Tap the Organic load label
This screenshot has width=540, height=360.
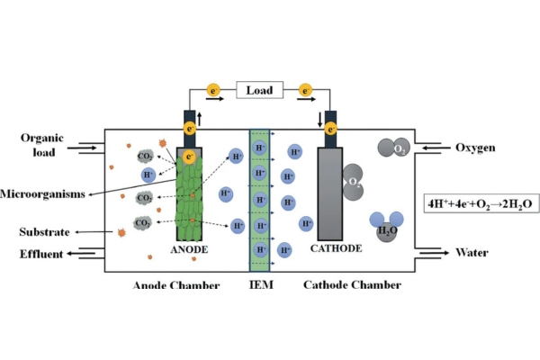pyautogui.click(x=43, y=145)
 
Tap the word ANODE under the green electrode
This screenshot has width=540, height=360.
pyautogui.click(x=189, y=248)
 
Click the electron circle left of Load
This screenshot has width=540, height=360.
pyautogui.click(x=213, y=91)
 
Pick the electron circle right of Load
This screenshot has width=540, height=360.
pyautogui.click(x=307, y=91)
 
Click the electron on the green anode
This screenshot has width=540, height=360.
pyautogui.click(x=189, y=157)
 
